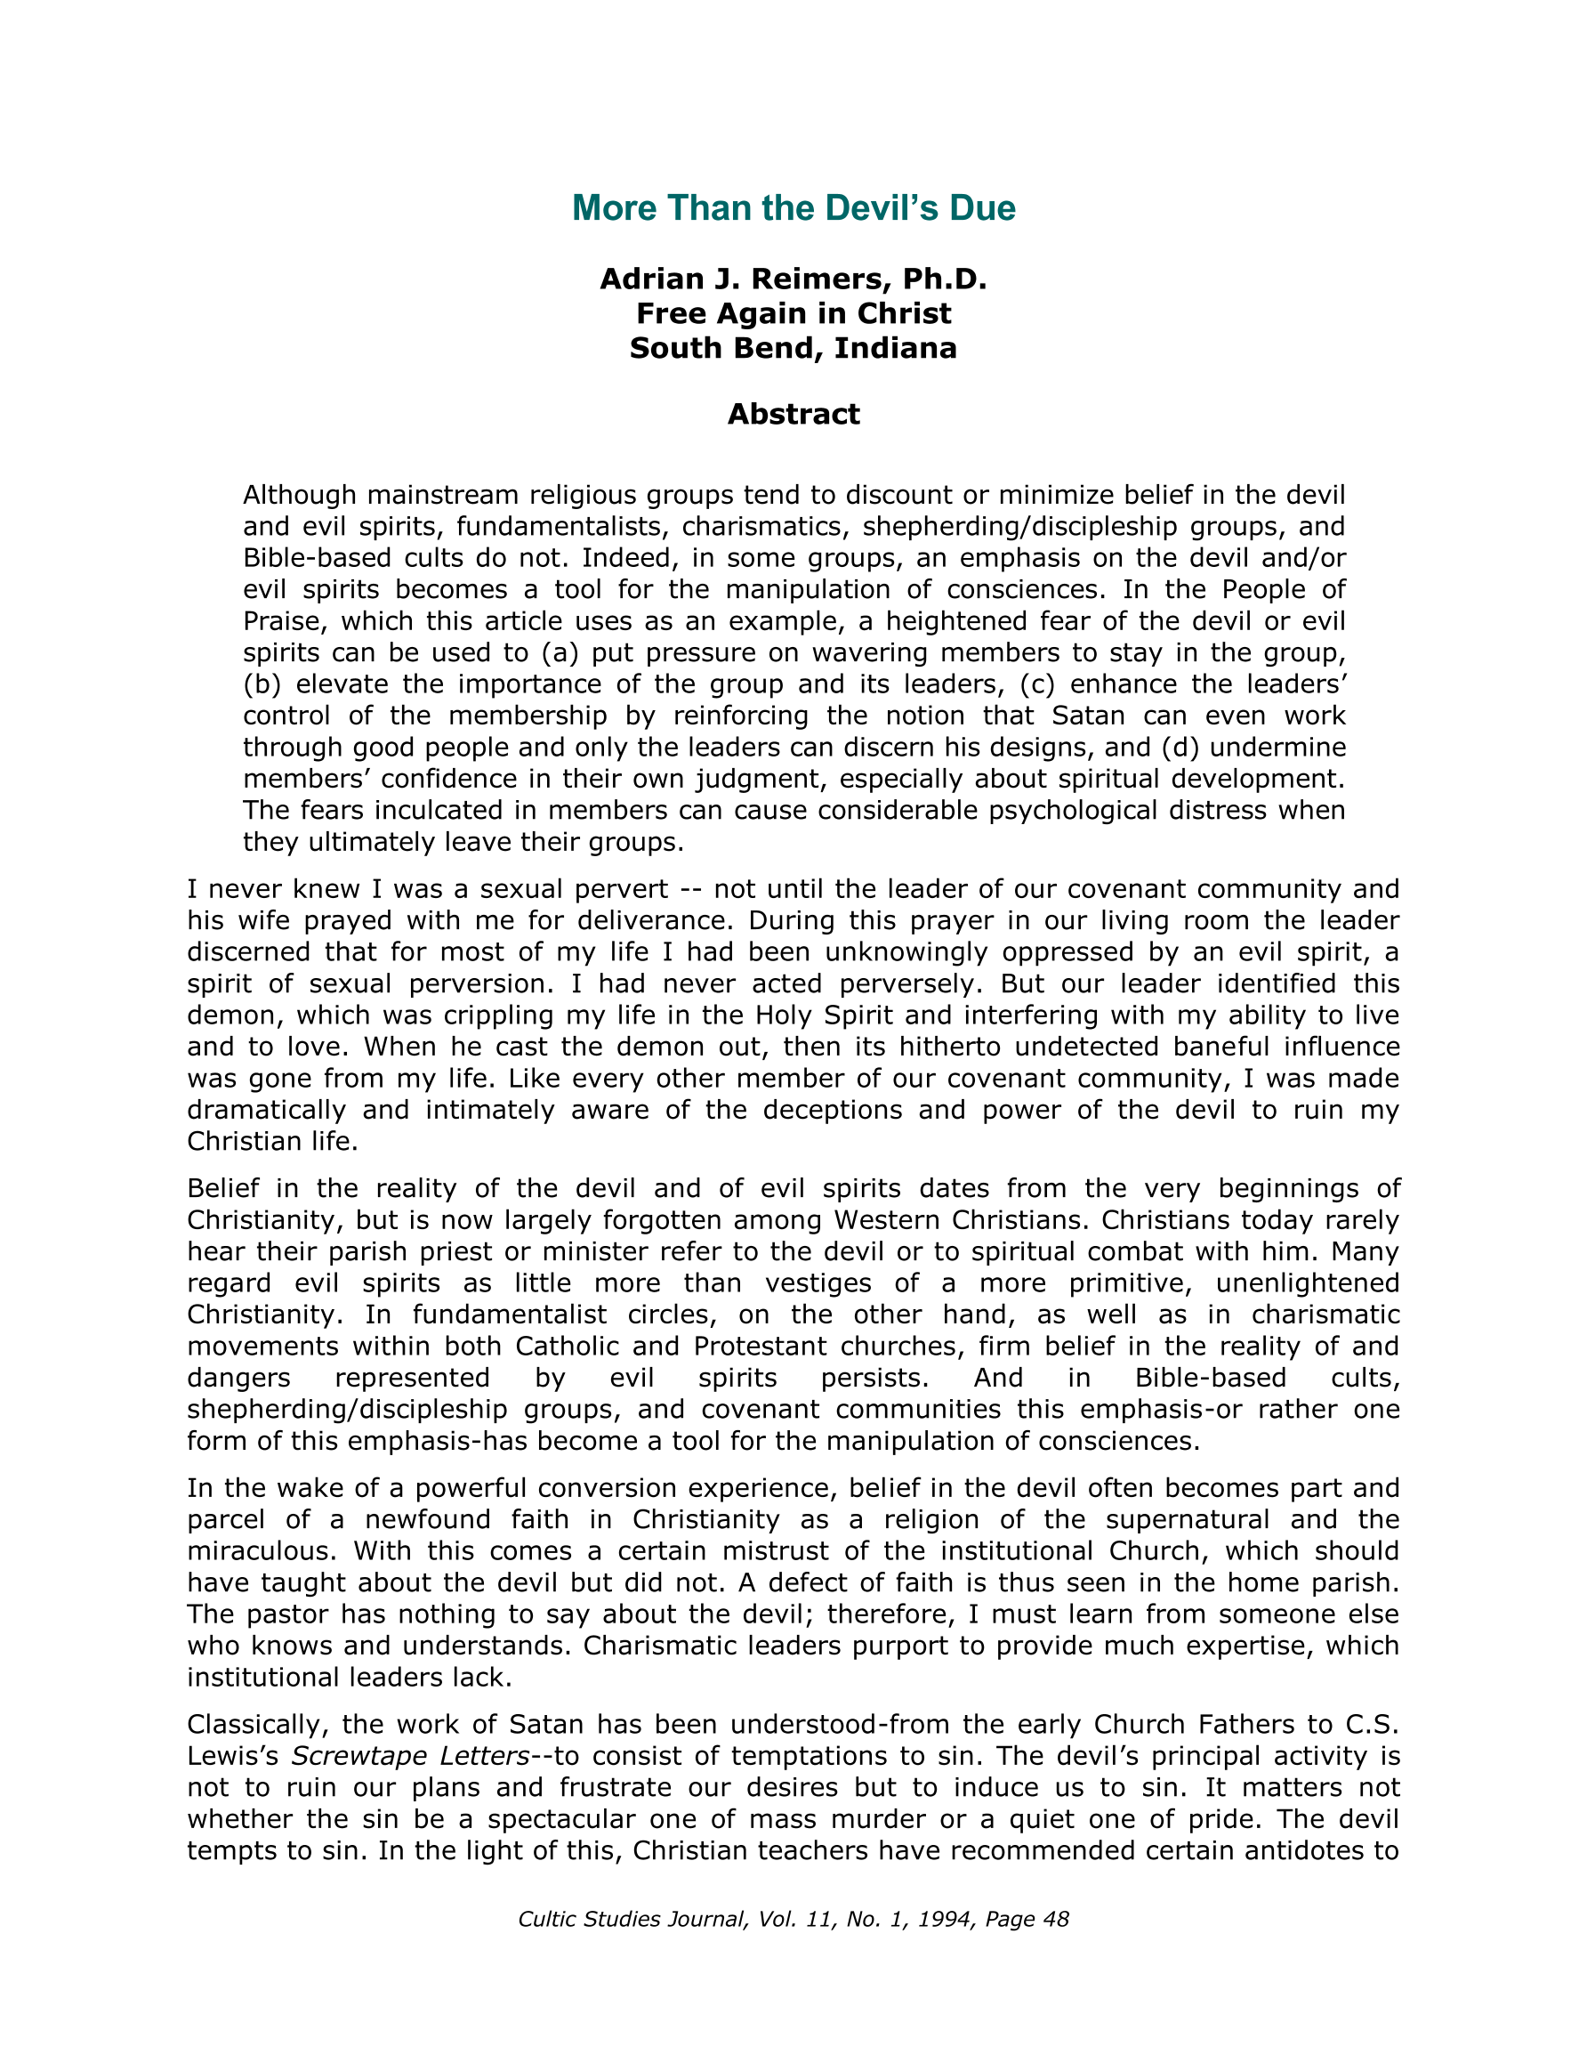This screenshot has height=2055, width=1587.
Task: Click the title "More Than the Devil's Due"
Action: (x=793, y=208)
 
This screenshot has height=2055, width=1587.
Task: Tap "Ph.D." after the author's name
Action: (x=945, y=279)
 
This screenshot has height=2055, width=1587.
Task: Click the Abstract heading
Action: (x=793, y=414)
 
